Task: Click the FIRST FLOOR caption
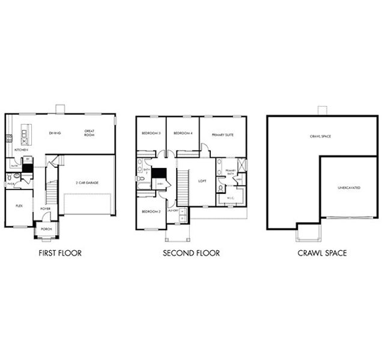point(59,253)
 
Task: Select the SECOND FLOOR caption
point(191,253)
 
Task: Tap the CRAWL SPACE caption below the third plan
point(322,253)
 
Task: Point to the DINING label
point(55,132)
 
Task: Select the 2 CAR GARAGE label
point(87,182)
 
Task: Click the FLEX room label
point(19,205)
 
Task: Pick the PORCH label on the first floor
point(46,229)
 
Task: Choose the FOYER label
point(46,209)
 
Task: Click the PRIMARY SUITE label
point(222,135)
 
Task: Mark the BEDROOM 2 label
point(151,212)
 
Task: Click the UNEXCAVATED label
point(349,188)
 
